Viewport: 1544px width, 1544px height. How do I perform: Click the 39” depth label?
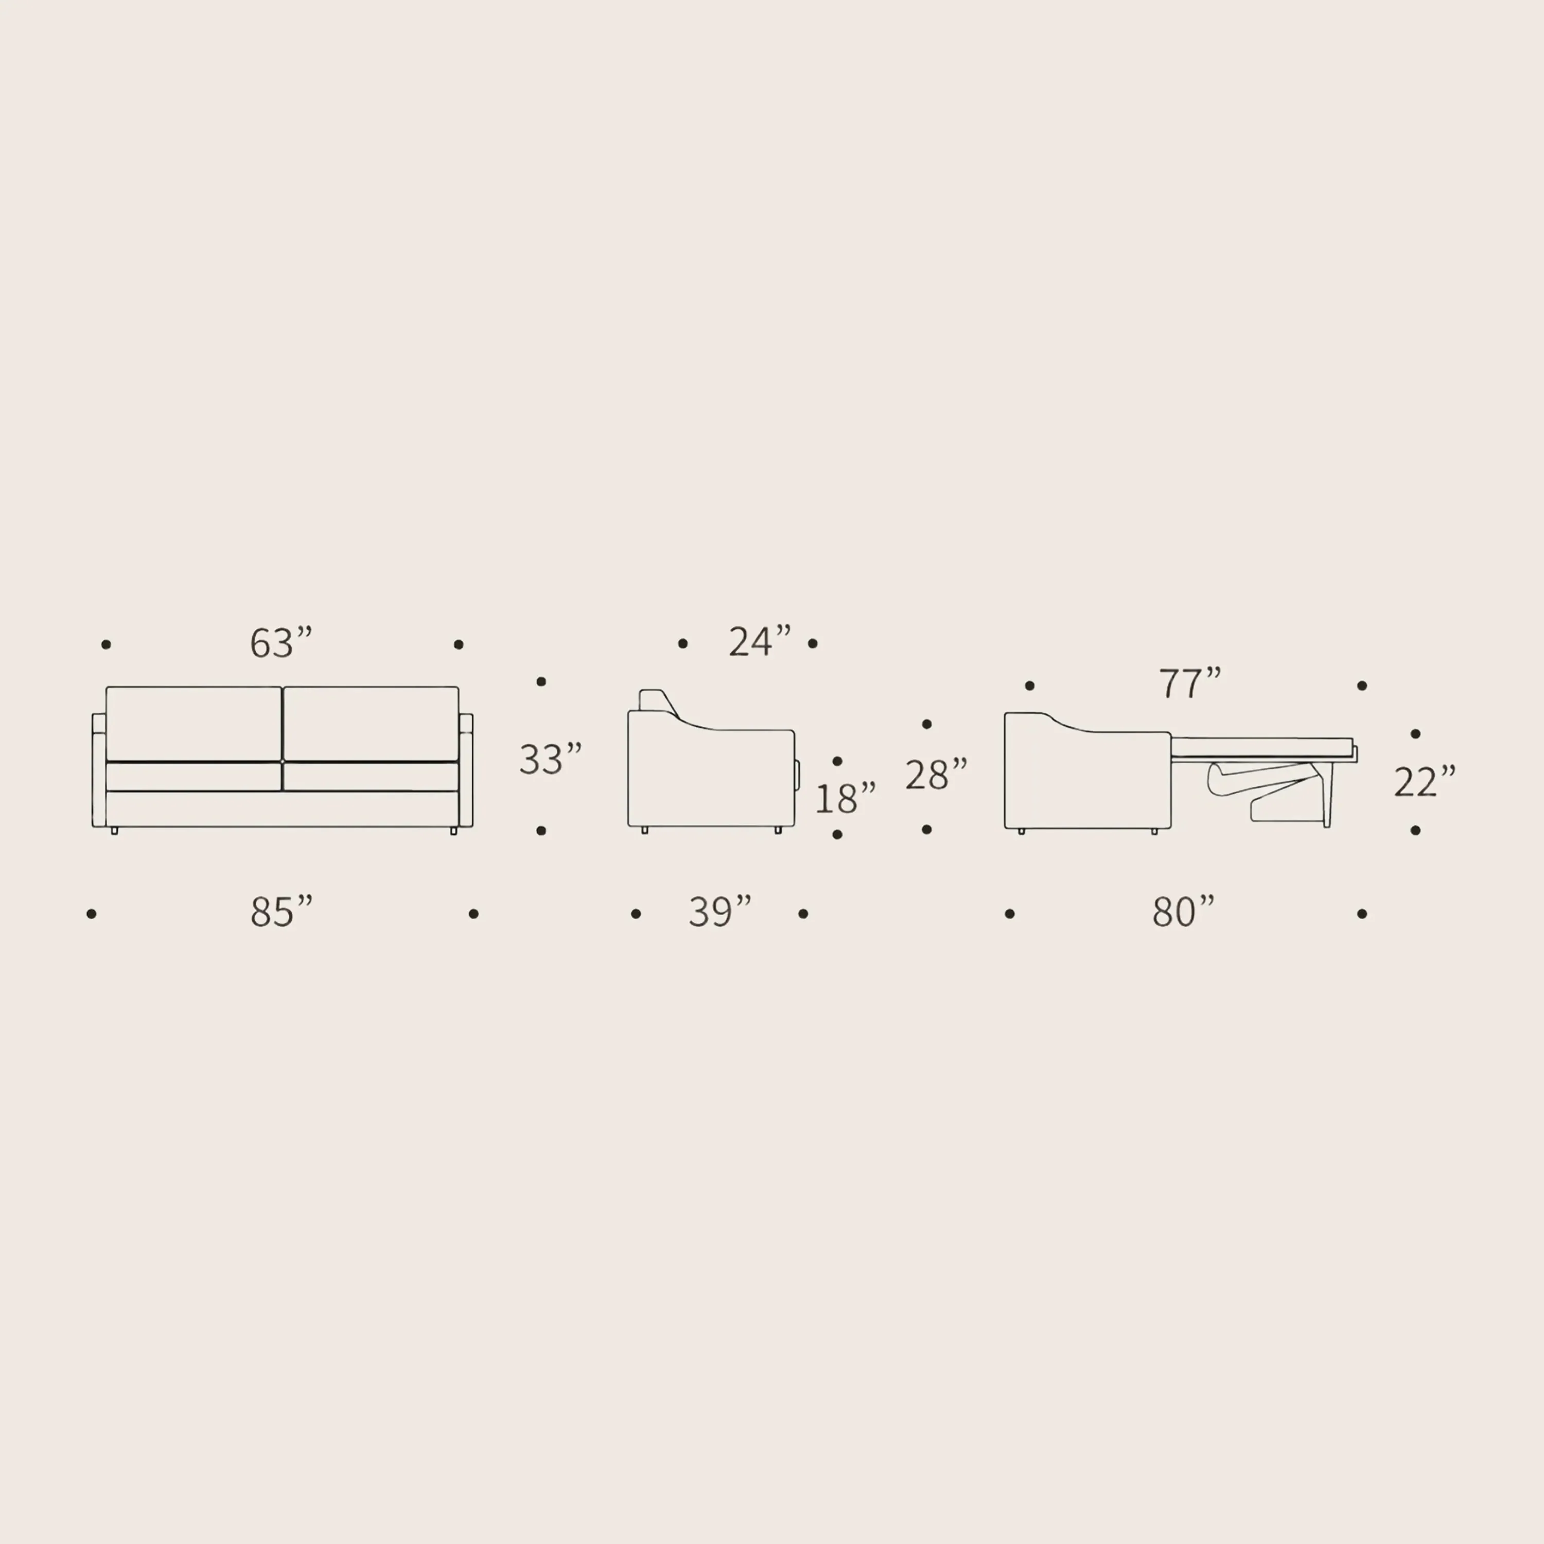tap(720, 912)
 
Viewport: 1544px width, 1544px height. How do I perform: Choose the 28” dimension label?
tap(936, 775)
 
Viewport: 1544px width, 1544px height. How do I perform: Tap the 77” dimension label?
tap(1190, 682)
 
